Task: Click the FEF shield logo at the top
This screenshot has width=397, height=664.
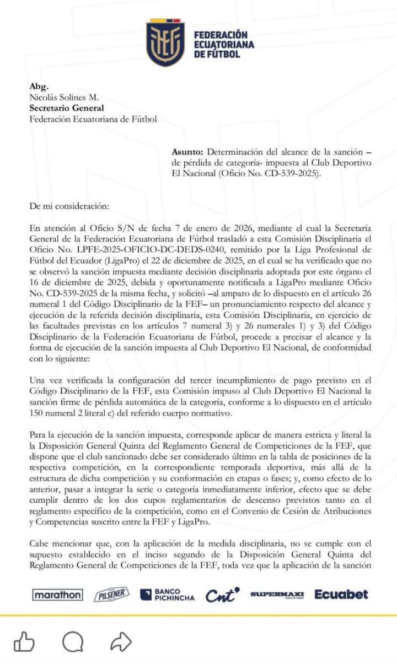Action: coord(165,43)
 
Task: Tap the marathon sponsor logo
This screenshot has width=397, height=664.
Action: coord(58,594)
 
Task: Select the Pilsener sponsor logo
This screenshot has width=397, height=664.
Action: coord(111,594)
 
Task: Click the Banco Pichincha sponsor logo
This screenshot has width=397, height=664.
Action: coord(167,594)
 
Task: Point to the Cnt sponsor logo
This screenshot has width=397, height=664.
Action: coord(223,594)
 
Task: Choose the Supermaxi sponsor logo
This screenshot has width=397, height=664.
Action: coord(277,594)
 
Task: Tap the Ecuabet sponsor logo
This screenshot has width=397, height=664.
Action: coord(341,594)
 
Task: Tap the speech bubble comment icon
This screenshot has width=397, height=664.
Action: coord(72,641)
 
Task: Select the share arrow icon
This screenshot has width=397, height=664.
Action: coord(121,641)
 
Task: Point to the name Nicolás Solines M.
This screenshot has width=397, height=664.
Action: coord(63,97)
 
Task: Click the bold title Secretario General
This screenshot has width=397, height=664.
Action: coord(66,108)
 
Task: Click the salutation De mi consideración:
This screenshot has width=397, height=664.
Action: coord(69,206)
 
